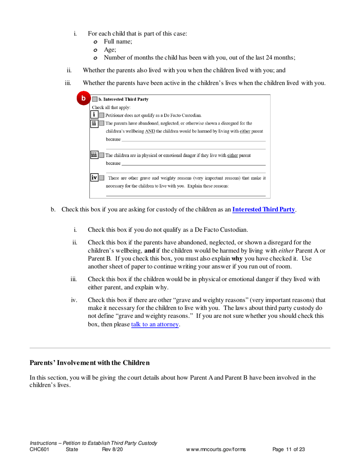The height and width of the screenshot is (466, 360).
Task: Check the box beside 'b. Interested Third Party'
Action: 95,100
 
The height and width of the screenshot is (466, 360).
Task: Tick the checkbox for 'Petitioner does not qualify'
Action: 101,115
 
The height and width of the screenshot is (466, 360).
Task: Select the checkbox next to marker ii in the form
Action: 101,123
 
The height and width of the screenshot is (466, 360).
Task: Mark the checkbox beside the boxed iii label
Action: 101,155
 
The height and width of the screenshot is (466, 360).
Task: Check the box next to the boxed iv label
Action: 101,178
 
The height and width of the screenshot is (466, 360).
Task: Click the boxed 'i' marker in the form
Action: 94,115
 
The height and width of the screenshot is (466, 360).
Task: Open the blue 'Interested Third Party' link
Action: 263,209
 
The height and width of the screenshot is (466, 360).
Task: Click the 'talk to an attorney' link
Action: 155,325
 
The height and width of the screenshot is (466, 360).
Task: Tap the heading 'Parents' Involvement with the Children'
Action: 89,363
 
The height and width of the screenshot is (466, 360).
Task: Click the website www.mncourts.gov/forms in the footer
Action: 216,450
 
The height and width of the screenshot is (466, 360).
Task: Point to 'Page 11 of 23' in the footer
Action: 288,450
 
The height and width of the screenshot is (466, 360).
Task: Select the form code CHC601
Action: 39,450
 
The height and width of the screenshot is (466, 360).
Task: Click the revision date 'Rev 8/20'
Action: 113,450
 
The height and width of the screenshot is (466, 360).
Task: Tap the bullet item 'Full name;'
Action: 118,41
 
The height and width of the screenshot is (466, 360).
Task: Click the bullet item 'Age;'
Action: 110,49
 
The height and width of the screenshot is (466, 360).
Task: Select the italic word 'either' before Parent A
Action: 286,250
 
